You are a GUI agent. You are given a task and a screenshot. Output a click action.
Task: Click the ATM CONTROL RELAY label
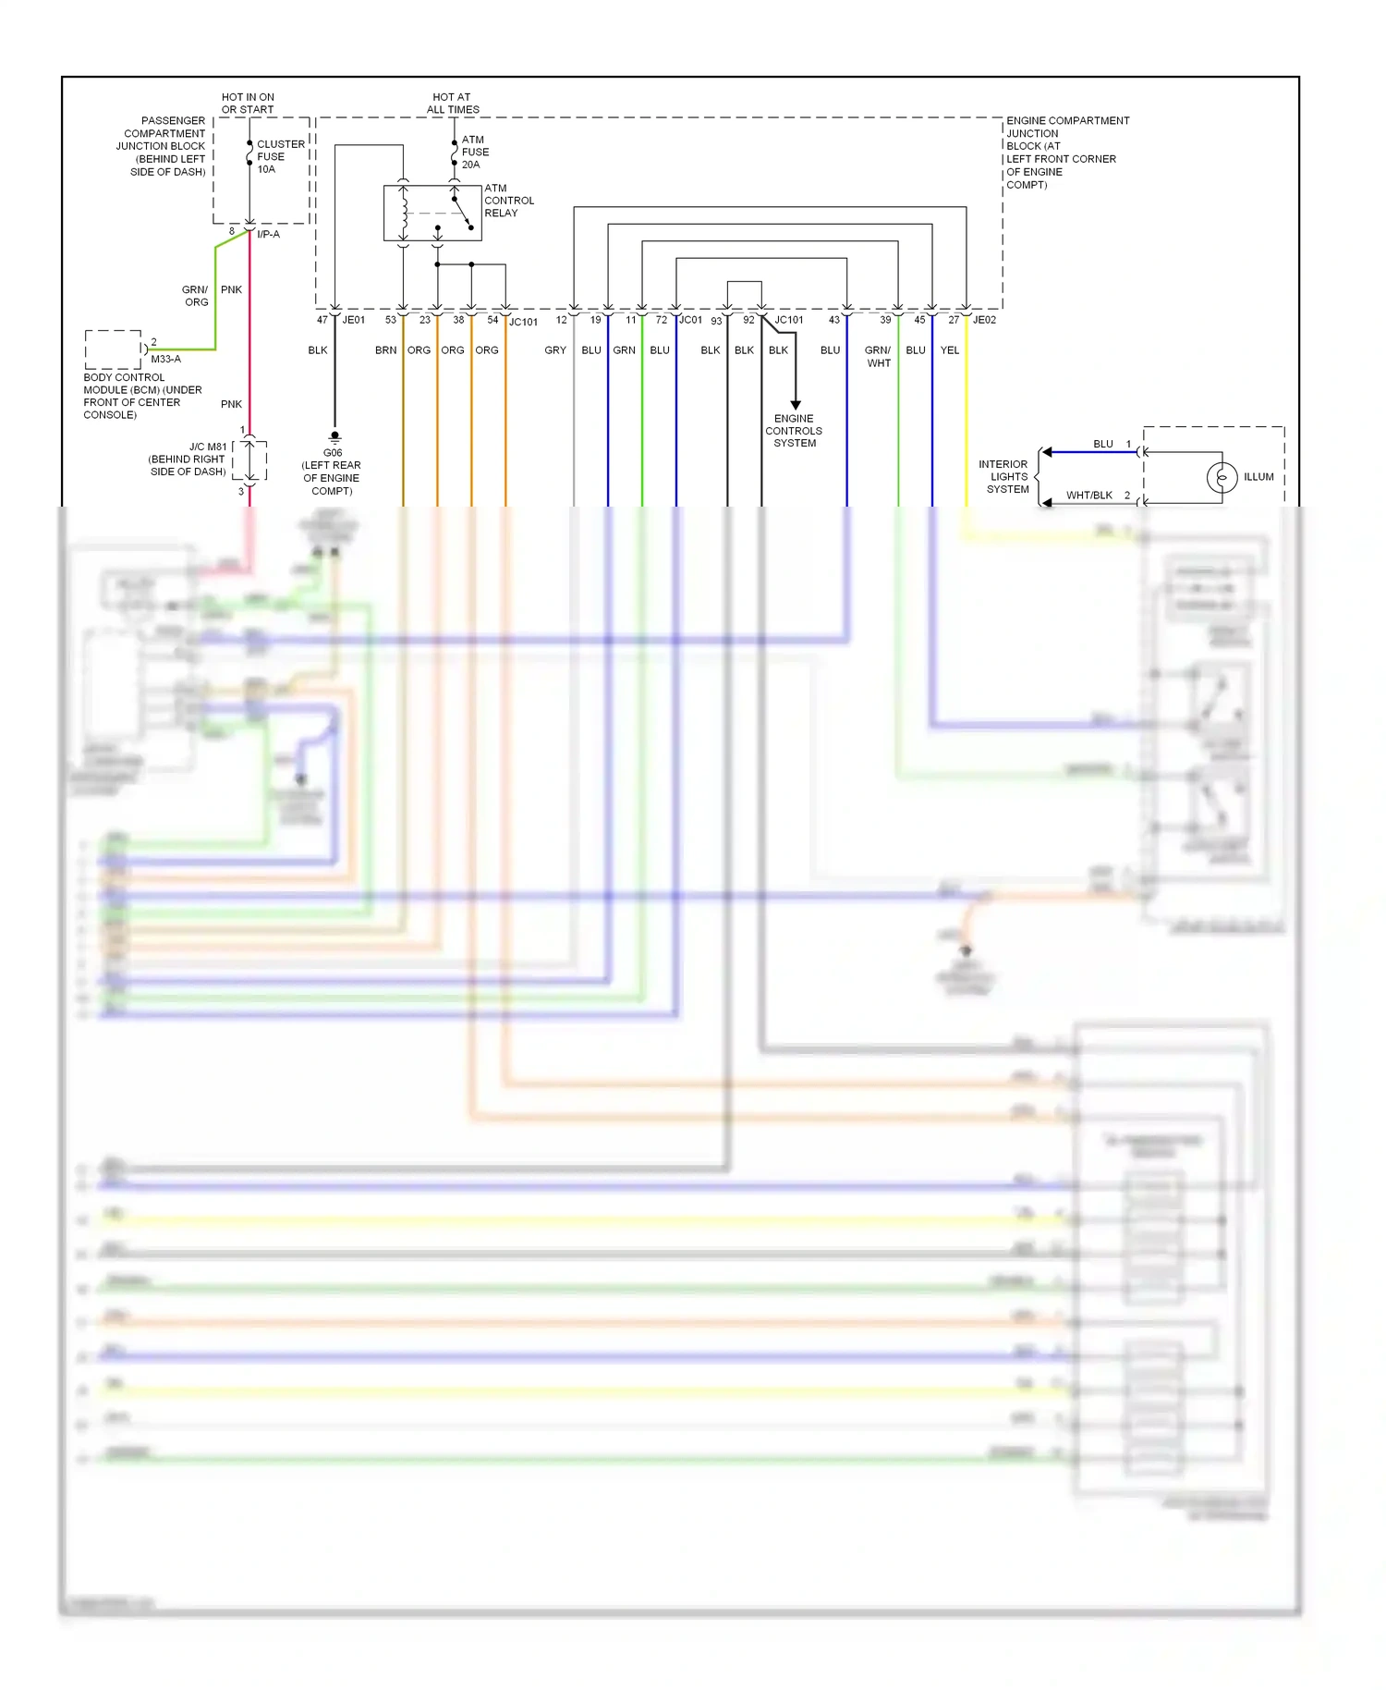tap(508, 201)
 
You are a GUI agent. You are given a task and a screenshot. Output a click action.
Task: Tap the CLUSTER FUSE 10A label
tap(279, 156)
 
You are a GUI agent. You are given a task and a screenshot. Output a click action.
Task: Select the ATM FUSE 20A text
tap(475, 152)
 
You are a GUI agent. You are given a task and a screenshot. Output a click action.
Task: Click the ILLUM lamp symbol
tap(1222, 477)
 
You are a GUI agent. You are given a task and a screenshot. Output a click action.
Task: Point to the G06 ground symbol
tap(334, 437)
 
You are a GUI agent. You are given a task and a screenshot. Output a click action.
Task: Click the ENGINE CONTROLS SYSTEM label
tap(794, 431)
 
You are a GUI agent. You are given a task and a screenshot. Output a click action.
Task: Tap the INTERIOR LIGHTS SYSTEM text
tap(1004, 477)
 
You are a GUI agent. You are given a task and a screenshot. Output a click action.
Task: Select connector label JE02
tap(984, 320)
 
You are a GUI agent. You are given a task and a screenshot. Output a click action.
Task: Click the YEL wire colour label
tap(949, 350)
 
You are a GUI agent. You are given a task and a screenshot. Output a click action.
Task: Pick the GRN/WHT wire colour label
tap(878, 357)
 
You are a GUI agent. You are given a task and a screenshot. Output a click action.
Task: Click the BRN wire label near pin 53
tap(385, 350)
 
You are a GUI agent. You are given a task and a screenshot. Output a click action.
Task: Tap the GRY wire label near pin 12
tap(554, 350)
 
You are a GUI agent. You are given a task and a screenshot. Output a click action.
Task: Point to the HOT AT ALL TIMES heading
tap(453, 103)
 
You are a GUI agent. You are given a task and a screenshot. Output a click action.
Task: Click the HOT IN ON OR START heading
tap(248, 103)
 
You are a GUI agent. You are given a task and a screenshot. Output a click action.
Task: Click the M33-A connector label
tap(165, 359)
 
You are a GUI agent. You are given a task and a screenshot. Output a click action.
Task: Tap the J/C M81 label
tap(207, 447)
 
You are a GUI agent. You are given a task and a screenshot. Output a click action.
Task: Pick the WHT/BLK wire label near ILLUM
tap(1088, 496)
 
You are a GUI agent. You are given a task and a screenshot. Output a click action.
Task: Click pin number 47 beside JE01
tap(322, 320)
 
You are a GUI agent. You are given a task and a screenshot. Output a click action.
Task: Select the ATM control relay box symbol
tap(432, 213)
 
